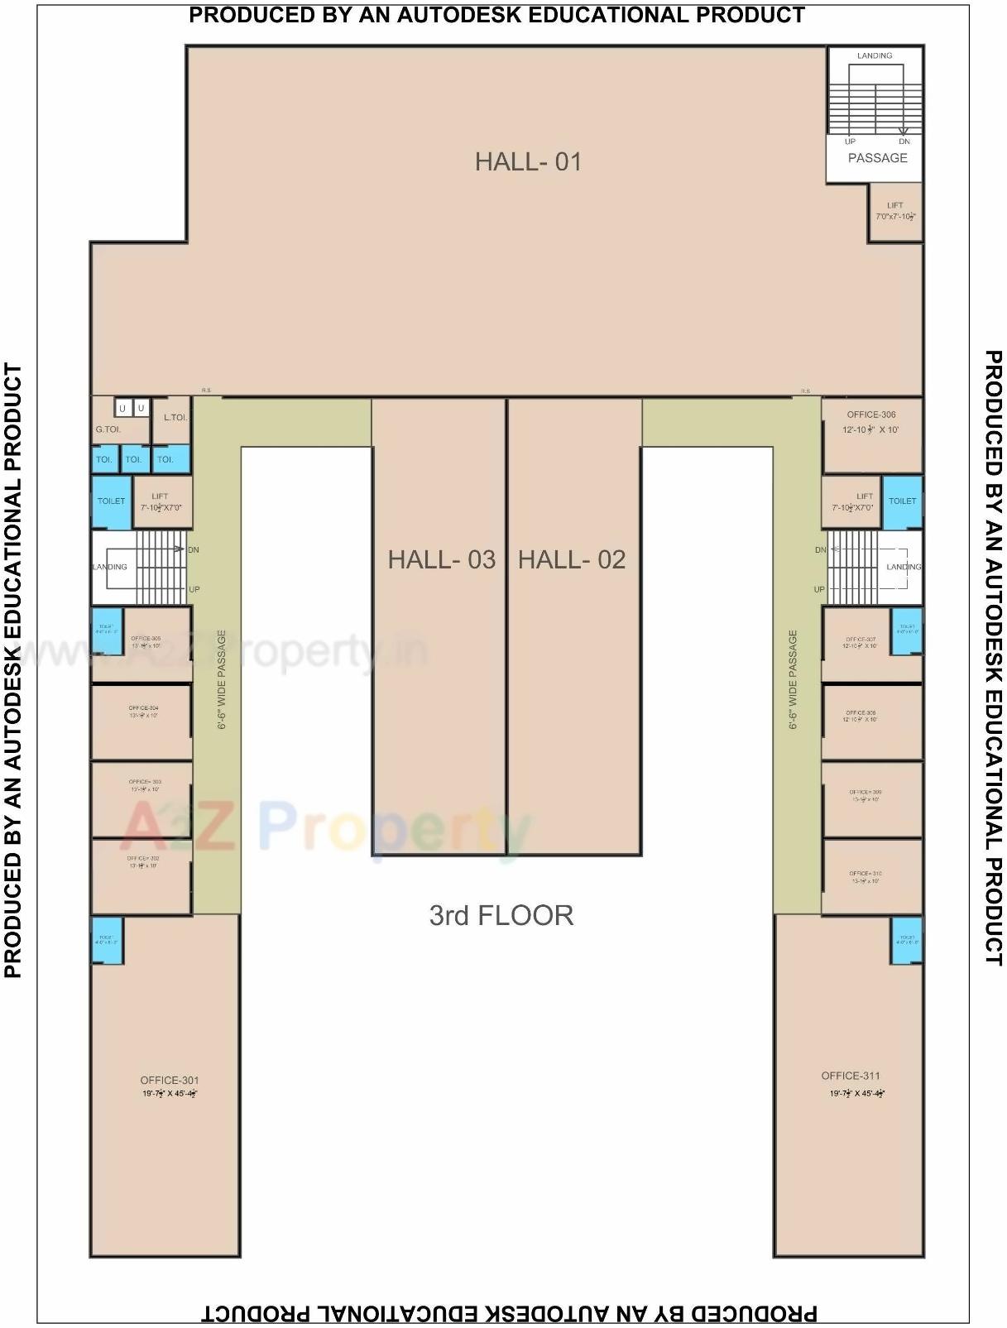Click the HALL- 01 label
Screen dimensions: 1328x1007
pos(528,161)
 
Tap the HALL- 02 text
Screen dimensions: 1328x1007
pos(571,560)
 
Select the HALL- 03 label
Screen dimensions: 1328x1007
pos(441,560)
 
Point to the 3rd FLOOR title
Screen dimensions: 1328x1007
pos(501,915)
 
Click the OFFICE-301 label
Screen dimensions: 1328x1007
pos(169,1081)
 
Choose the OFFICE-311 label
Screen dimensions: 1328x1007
pos(850,1076)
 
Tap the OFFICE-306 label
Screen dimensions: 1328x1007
pos(870,415)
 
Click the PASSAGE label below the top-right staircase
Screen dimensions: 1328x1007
pos(877,158)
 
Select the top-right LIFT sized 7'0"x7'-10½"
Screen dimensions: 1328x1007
pos(894,211)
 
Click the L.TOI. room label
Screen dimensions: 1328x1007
pos(175,418)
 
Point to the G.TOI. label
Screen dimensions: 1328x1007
pos(108,429)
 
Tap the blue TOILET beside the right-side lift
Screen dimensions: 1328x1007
pos(902,501)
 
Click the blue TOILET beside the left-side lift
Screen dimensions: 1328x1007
pos(111,501)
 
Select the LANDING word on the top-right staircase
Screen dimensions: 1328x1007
pos(874,56)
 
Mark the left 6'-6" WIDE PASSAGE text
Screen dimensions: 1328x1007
pos(222,679)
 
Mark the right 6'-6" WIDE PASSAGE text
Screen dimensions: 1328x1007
pos(793,679)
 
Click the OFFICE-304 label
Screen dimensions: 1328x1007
pos(143,708)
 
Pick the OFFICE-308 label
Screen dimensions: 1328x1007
pos(860,712)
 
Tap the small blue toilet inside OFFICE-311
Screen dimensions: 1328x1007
pos(906,941)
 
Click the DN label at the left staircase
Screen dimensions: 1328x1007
pos(193,549)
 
